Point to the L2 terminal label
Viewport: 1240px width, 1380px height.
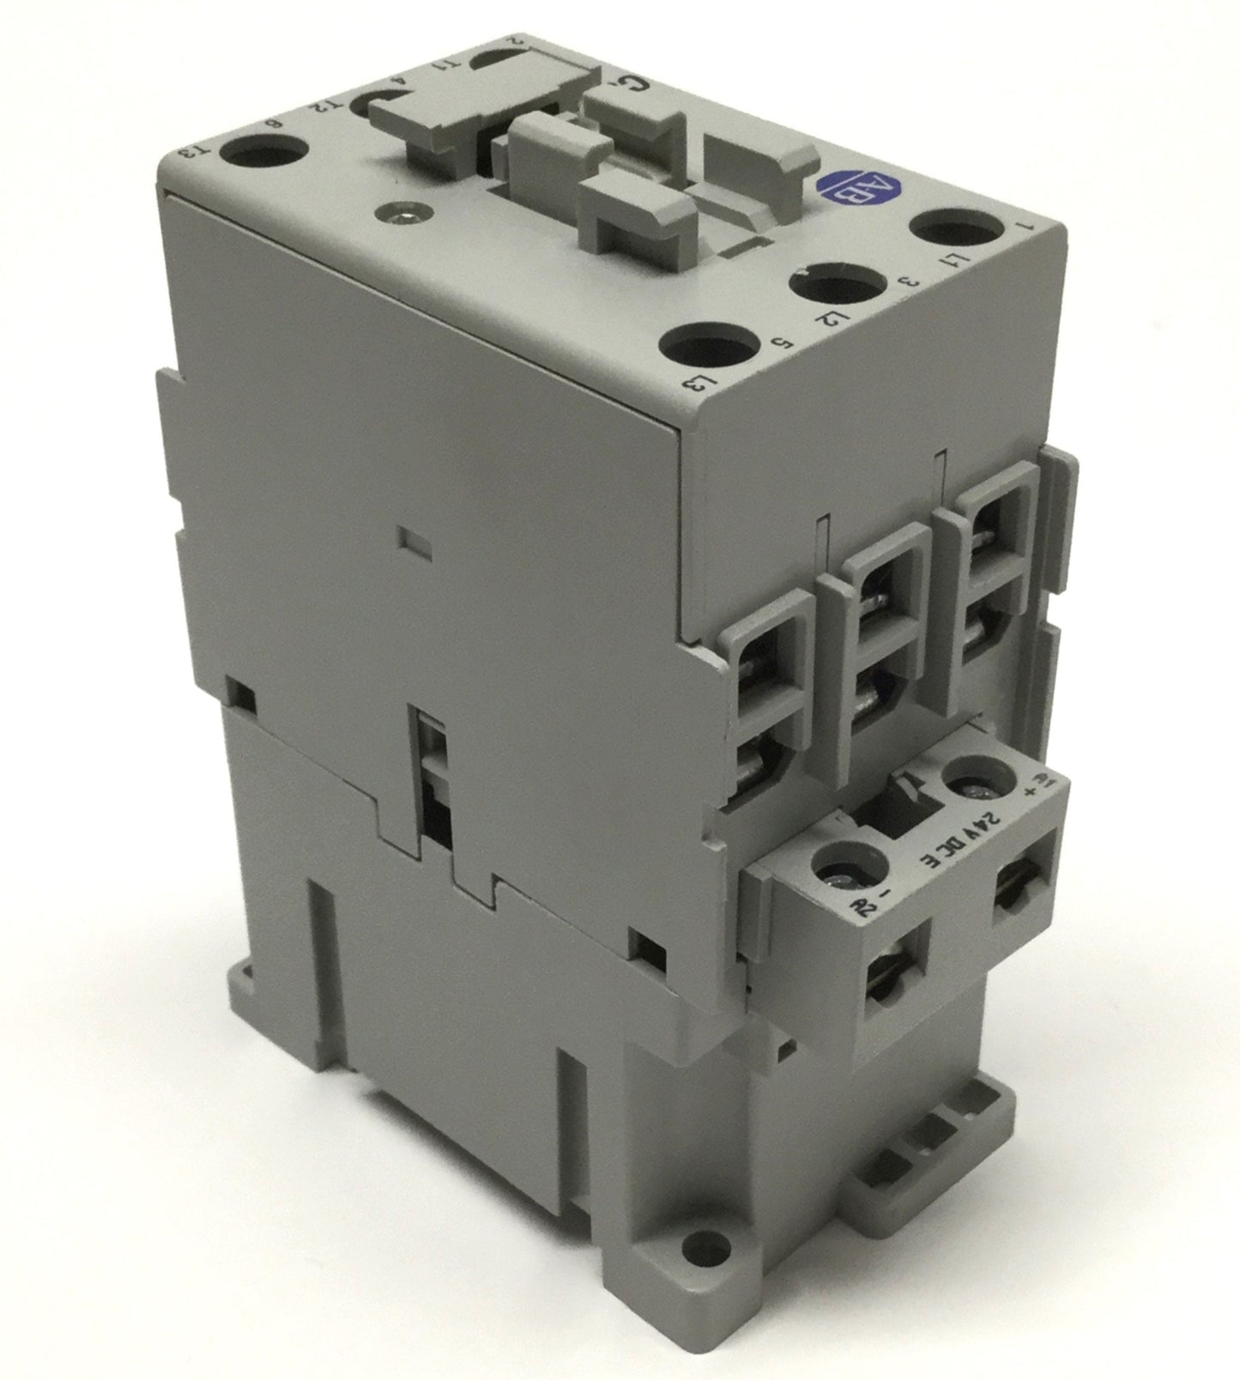[x=826, y=325]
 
